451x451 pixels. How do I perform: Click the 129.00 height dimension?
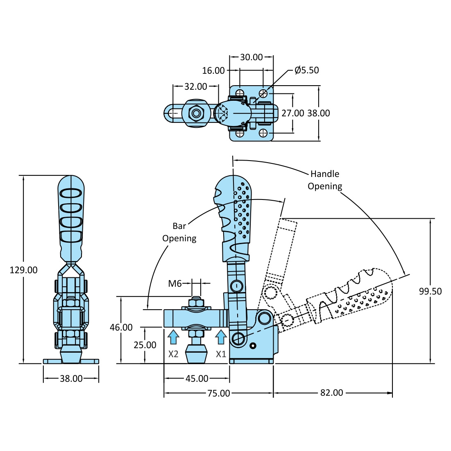[24, 270]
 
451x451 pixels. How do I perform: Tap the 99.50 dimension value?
[431, 291]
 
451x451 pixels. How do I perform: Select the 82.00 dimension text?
[332, 393]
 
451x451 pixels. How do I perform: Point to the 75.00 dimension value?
[219, 393]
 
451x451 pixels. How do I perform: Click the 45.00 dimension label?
[197, 378]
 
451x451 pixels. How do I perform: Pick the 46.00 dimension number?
[121, 327]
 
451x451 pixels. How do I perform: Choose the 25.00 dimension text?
[145, 345]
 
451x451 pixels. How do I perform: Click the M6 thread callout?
[175, 283]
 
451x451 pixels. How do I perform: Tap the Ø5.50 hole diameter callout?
[306, 70]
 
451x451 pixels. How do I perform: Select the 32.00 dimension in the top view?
[196, 86]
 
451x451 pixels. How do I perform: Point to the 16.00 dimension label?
[213, 70]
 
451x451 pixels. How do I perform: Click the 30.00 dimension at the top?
[251, 57]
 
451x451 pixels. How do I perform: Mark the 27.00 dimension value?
[292, 113]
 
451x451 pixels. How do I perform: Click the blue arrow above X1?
[221, 337]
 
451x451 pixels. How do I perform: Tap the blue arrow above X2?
[174, 337]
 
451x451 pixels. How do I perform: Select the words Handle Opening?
[325, 180]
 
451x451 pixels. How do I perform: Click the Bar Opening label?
[179, 232]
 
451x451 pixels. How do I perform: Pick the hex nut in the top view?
[195, 113]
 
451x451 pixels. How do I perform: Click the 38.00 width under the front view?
[71, 378]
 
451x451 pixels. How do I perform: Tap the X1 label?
[221, 354]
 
